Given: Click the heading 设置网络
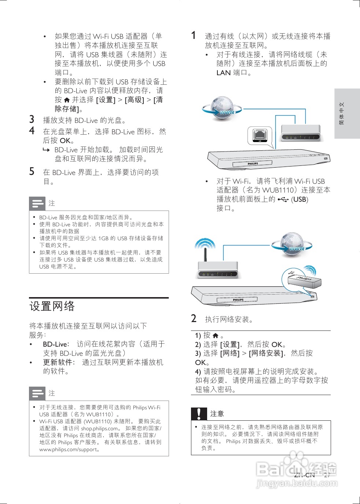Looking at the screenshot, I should (x=52, y=306).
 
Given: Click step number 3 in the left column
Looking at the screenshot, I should (x=32, y=120).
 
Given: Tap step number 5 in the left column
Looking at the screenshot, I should (x=32, y=172).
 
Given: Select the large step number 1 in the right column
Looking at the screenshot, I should (x=194, y=36).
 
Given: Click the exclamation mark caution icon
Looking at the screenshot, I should (x=199, y=414).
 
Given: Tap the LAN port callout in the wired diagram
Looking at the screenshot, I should (x=260, y=136).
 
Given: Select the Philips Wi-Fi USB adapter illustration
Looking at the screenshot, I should (x=304, y=281).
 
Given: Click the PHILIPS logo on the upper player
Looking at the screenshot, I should (x=253, y=164).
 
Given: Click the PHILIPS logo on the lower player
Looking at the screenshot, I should (x=238, y=300).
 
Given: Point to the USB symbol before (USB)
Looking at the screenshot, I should (x=283, y=200).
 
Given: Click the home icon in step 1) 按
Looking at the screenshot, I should (x=216, y=336).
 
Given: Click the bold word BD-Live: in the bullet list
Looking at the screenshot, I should (x=56, y=344).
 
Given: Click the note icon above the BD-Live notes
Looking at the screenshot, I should (x=37, y=203).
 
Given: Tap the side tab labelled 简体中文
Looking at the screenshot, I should (x=342, y=113).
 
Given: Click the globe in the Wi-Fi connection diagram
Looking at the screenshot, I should (x=293, y=244).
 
